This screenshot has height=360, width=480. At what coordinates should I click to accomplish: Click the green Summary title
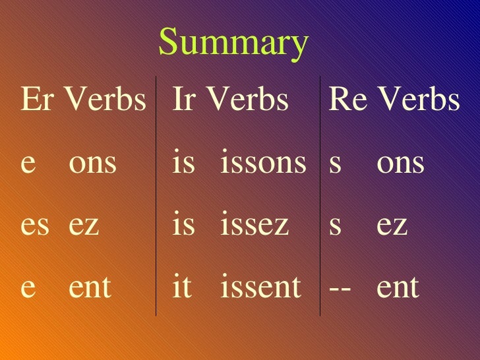pyautogui.click(x=233, y=43)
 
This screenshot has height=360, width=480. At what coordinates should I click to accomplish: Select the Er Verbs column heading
pyautogui.click(x=83, y=100)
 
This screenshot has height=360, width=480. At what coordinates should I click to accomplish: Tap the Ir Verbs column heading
pyautogui.click(x=230, y=100)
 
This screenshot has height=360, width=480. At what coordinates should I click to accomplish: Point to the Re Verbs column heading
pyautogui.click(x=394, y=100)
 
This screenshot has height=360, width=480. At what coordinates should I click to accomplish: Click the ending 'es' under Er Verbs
pyautogui.click(x=35, y=225)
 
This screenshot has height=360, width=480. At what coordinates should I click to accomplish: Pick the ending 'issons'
pyautogui.click(x=263, y=163)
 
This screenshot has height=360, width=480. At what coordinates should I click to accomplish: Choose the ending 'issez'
pyautogui.click(x=255, y=225)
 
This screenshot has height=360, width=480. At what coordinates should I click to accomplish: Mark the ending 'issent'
pyautogui.click(x=260, y=287)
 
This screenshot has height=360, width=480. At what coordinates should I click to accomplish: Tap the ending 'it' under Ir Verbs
pyautogui.click(x=181, y=287)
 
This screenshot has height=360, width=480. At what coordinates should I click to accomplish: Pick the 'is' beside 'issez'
pyautogui.click(x=184, y=225)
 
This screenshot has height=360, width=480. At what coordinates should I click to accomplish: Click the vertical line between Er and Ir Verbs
pyautogui.click(x=156, y=198)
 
